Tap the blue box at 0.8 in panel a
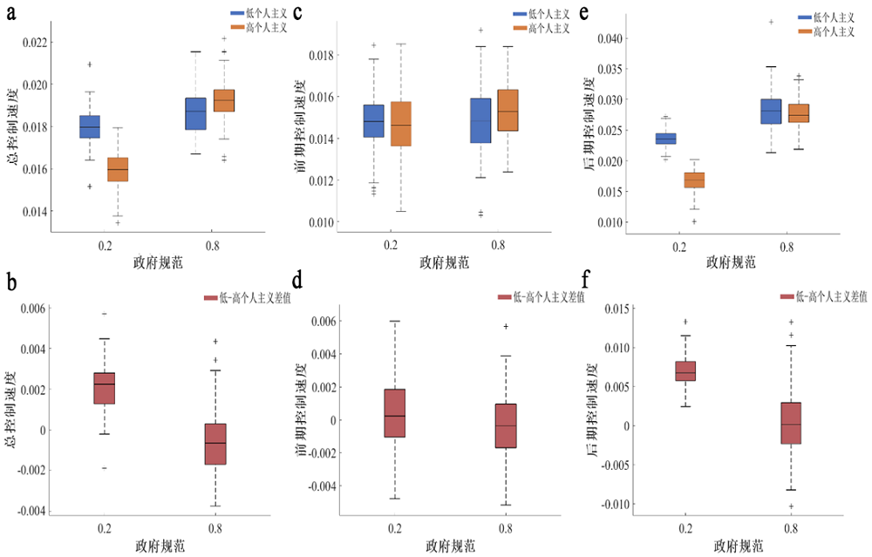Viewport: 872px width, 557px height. [x=194, y=113]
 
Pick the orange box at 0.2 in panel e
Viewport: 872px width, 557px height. [x=694, y=180]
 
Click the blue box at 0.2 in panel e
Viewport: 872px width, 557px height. [x=665, y=139]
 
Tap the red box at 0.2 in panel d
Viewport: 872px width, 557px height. [x=394, y=412]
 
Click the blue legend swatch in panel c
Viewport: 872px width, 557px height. [x=521, y=16]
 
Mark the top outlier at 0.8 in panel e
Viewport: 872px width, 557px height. [x=771, y=22]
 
